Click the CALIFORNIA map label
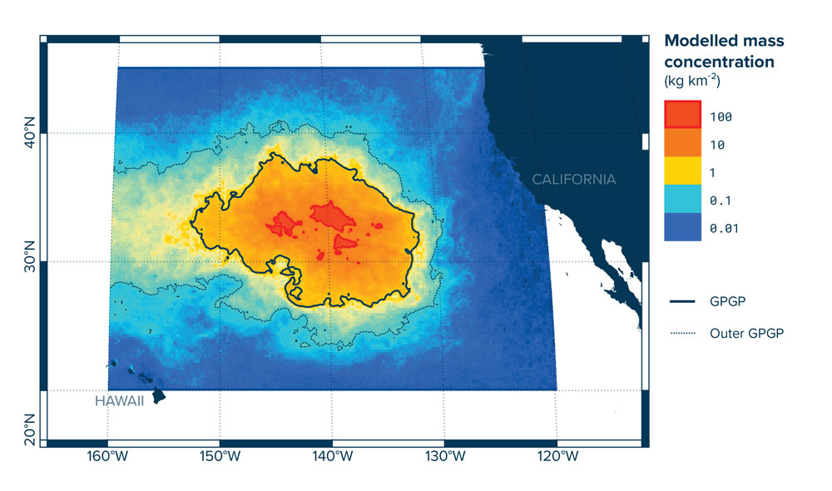[x=574, y=179]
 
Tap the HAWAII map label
[x=119, y=401]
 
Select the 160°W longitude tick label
[x=107, y=459]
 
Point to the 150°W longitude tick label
[x=220, y=459]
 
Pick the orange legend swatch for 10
[x=682, y=144]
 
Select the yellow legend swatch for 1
[x=682, y=172]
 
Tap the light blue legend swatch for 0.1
[x=682, y=200]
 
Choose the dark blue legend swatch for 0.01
[x=682, y=227]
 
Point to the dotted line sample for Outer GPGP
[x=682, y=333]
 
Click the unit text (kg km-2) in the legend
[x=691, y=82]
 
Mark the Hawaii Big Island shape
[x=158, y=396]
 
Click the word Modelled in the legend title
[x=698, y=41]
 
